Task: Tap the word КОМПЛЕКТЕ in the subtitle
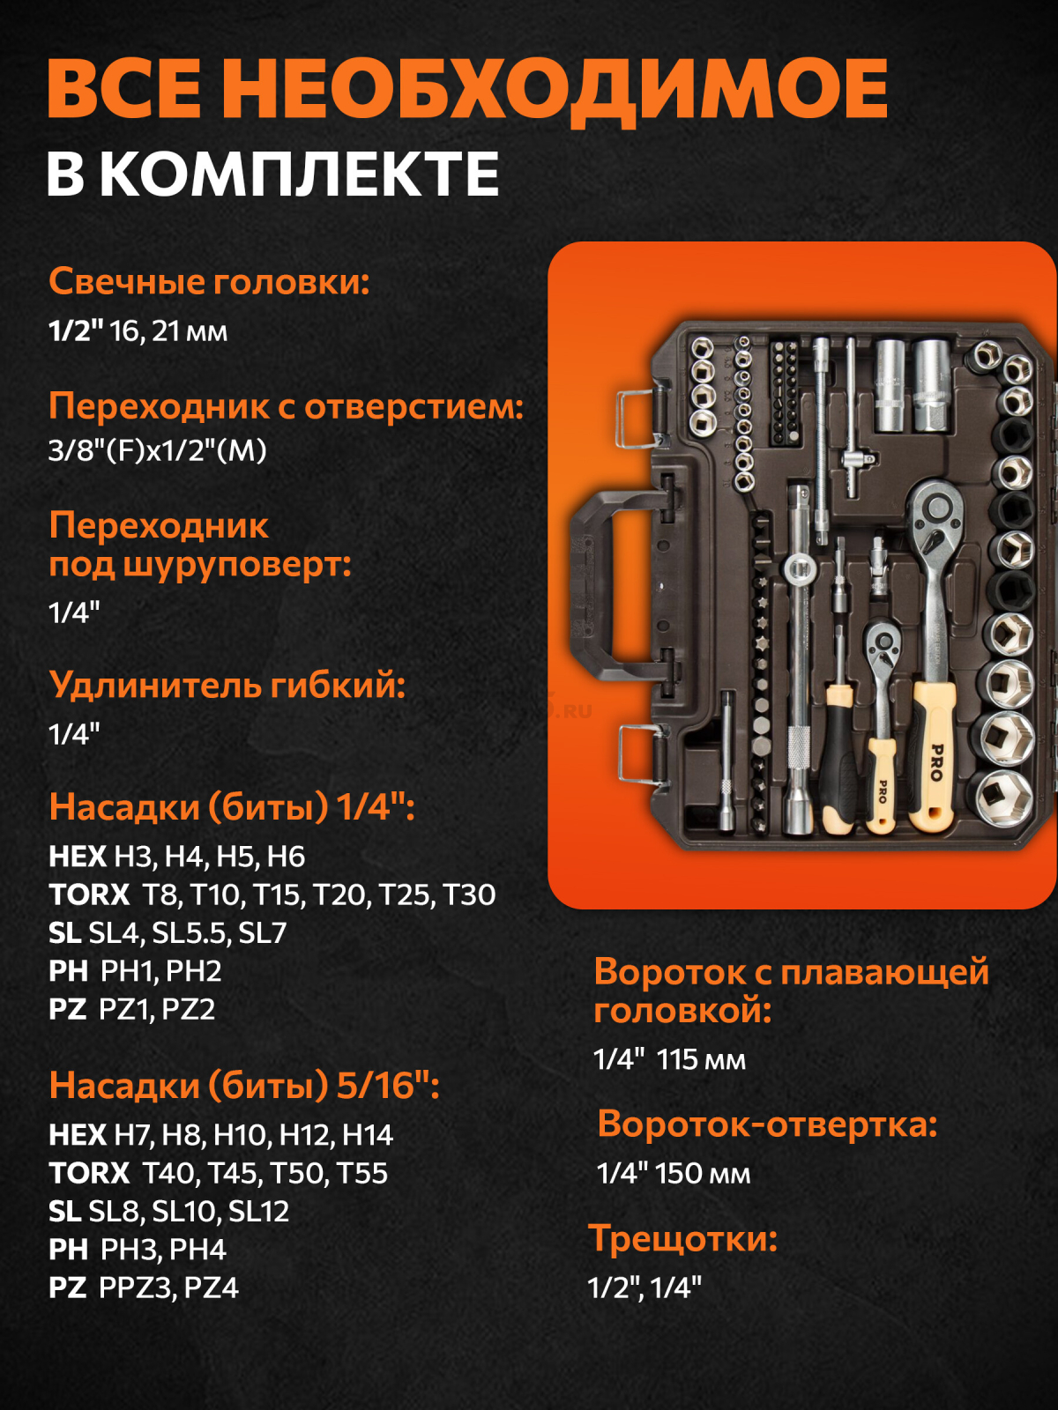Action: (299, 174)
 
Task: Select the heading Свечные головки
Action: (209, 282)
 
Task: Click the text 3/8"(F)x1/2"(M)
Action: (158, 450)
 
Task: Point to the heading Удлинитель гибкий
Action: (227, 685)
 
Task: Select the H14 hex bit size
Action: (367, 1134)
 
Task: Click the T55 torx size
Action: (361, 1173)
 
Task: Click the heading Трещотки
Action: (683, 1238)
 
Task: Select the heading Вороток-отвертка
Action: (767, 1124)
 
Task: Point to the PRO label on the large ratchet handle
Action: (935, 762)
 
